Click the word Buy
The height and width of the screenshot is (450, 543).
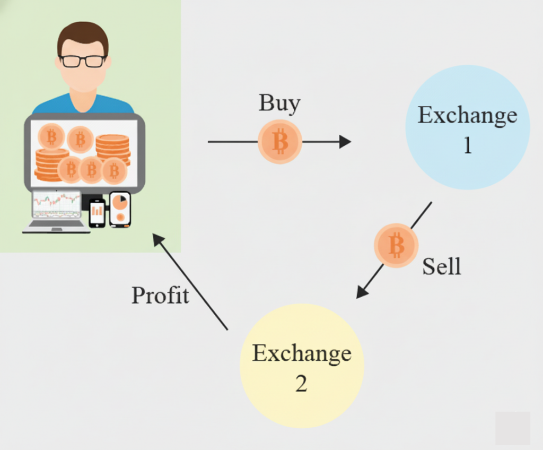point(279,103)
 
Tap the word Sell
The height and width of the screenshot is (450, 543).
point(442,266)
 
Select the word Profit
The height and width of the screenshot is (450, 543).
point(160,295)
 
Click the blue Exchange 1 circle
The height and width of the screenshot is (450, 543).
point(467,127)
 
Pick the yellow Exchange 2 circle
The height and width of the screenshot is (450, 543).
point(302,366)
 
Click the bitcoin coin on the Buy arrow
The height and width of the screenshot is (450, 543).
point(280,142)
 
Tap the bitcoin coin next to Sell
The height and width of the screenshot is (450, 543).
point(396,245)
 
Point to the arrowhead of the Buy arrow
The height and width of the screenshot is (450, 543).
point(345,142)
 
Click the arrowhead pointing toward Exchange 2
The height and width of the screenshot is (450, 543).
point(362,292)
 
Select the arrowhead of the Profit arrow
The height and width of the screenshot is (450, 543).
point(159,239)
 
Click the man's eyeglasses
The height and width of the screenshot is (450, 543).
point(83,61)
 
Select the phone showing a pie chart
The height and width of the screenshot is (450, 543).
point(120,209)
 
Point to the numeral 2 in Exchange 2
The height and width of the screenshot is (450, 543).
point(301,384)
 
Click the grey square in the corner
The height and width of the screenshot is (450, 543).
point(513,428)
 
